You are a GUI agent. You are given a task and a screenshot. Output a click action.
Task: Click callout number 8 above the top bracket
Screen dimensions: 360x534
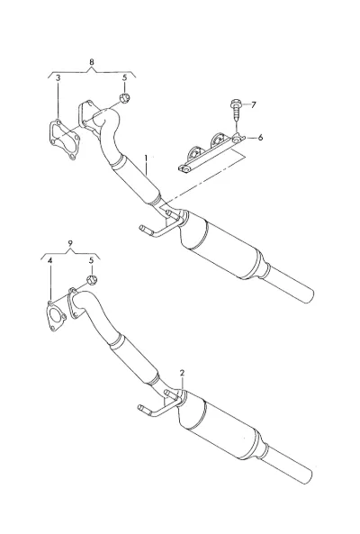point(92,62)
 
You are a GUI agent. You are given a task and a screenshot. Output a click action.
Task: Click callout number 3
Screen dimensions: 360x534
point(58,78)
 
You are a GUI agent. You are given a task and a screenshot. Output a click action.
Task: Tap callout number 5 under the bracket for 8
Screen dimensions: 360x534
point(124,78)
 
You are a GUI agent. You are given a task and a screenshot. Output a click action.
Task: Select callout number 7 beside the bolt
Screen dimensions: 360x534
point(253,104)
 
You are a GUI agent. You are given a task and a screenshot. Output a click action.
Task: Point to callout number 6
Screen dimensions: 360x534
point(260,138)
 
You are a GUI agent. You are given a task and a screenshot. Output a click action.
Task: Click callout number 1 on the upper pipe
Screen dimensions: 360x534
point(147,159)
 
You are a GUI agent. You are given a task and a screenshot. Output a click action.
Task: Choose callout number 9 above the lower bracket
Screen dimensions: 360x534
point(70,243)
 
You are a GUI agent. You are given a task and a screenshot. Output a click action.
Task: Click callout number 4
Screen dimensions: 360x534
point(50,261)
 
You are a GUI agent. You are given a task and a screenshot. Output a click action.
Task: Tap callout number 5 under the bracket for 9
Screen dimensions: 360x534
point(91,261)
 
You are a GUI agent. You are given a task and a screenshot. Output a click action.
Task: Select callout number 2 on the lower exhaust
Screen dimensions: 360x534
point(183,373)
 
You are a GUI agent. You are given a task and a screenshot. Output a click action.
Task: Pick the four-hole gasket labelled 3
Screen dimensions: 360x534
point(63,140)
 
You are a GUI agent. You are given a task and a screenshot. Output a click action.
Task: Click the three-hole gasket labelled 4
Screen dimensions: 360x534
point(56,316)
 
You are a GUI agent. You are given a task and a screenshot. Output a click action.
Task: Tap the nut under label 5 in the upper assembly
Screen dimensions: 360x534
point(125,98)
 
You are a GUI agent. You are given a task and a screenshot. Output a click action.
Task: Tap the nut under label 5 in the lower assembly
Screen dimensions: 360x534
point(92,280)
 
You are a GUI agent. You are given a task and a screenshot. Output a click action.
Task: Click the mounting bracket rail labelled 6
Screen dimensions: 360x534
point(211,153)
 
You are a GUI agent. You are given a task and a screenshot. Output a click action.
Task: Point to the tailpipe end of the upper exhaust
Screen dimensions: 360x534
point(306,294)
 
